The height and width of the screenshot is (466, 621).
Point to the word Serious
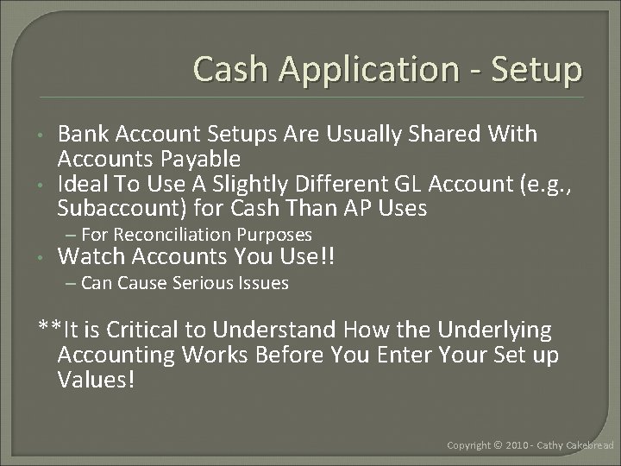pyautogui.click(x=192, y=282)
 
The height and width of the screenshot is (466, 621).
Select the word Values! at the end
pyautogui.click(x=96, y=380)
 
